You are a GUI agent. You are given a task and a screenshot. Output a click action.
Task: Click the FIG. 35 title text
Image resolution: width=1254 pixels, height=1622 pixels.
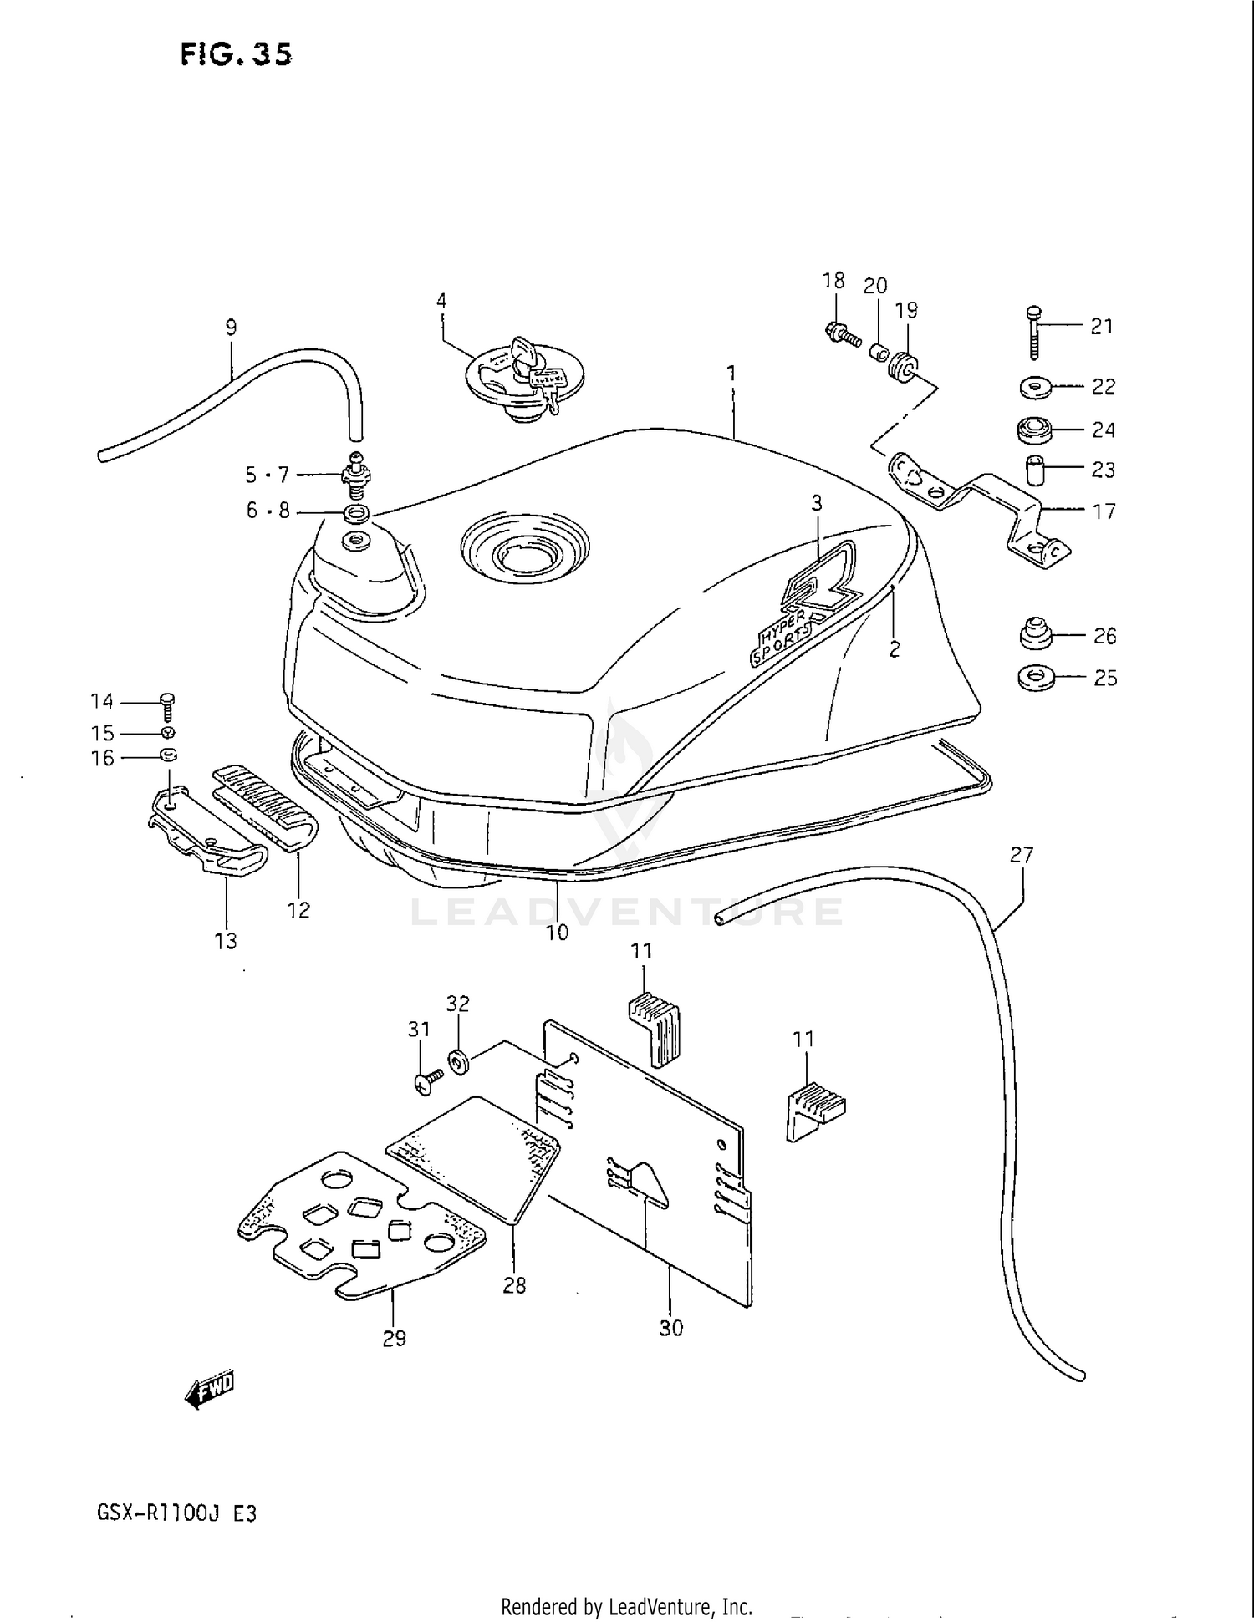pos(236,54)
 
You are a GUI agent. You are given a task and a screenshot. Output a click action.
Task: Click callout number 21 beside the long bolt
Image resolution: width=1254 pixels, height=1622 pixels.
pos(1102,327)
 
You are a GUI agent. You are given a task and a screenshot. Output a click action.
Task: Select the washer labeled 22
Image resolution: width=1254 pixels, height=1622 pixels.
pos(1036,388)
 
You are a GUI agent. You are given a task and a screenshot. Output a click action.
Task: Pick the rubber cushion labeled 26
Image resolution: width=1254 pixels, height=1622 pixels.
pos(1037,633)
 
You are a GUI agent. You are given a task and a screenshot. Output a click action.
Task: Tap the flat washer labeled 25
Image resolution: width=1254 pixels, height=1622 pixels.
pos(1037,676)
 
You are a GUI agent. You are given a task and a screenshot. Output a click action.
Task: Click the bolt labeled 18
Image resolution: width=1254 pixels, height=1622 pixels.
pos(839,334)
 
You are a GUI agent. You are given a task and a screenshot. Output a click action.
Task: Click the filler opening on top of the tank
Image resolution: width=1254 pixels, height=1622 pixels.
pos(524,552)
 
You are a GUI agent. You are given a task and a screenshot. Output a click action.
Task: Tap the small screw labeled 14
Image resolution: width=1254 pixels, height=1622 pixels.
pos(166,706)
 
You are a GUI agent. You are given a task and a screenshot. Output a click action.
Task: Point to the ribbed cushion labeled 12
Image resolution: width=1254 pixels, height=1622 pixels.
pos(266,806)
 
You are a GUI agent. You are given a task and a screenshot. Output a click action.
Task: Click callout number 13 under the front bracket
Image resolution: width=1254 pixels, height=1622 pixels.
pos(226,941)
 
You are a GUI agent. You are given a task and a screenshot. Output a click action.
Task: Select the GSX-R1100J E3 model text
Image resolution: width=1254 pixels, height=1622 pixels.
pos(176,1513)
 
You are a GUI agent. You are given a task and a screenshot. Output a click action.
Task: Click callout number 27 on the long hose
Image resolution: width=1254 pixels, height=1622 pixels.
pos(1022,855)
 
